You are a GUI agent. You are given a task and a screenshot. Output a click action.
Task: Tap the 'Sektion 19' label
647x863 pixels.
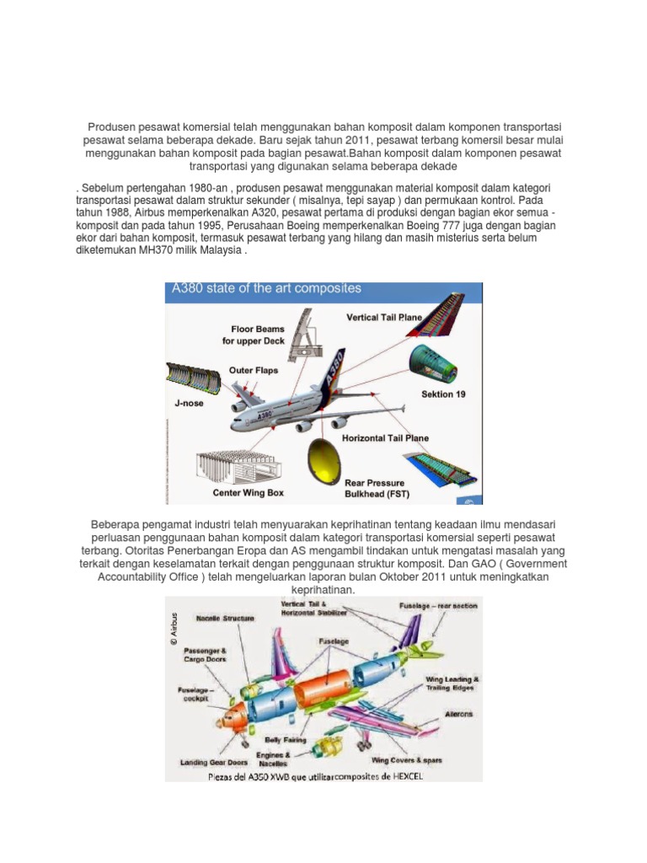click(x=442, y=394)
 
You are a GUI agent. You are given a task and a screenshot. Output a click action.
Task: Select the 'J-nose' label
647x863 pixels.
click(x=190, y=404)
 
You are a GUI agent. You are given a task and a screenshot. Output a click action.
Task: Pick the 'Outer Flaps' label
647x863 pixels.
click(x=254, y=370)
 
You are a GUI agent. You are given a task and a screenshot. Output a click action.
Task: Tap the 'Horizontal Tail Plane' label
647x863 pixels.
click(x=385, y=438)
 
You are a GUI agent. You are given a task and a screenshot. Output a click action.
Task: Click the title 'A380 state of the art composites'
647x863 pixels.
click(x=266, y=288)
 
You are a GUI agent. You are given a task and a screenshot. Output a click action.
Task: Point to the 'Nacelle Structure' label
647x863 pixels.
click(x=225, y=619)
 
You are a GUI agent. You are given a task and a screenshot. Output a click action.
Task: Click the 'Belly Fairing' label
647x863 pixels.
click(x=286, y=739)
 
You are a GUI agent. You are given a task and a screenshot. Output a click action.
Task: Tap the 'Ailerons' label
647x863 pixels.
click(x=458, y=714)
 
